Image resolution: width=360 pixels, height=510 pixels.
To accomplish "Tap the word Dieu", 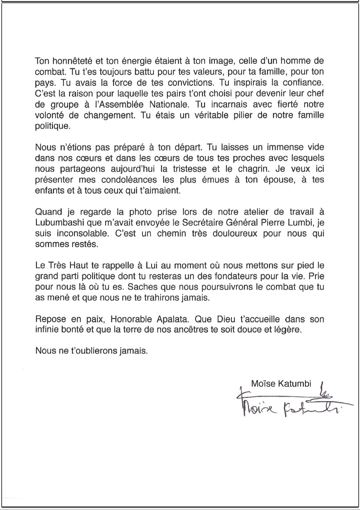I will point(225,319).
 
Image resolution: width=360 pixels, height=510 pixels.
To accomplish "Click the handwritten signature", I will point(287,405).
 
